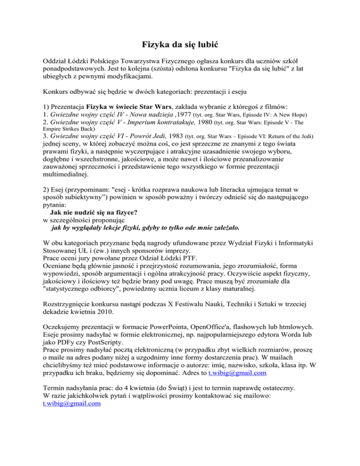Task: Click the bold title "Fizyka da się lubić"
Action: tap(180, 45)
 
